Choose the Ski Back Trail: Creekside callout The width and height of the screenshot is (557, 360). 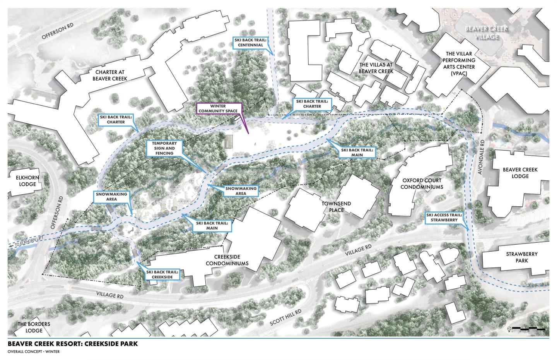coord(162,275)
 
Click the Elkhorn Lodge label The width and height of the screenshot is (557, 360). coord(27,181)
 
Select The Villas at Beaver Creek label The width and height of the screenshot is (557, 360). coord(376,68)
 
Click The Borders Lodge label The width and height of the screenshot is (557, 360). coord(34,327)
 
